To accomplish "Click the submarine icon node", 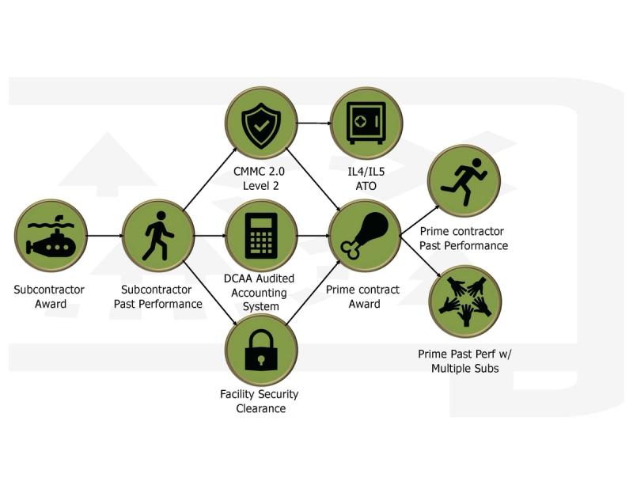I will click(50, 235).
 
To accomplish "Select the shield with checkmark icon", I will click(261, 123).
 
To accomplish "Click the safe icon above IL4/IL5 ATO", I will click(366, 123).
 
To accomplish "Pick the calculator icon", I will click(261, 235).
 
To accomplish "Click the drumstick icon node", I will click(364, 235).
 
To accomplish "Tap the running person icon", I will click(463, 180).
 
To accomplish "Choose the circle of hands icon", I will click(465, 301).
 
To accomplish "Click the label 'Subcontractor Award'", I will click(49, 297).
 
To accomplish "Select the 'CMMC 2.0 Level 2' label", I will click(261, 179).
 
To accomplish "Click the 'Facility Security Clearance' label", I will click(260, 401).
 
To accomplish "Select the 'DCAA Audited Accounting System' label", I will click(261, 292).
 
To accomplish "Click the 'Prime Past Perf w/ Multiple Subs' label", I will click(465, 361).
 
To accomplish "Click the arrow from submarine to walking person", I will click(104, 235).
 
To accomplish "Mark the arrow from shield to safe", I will click(313, 123).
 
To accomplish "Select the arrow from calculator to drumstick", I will click(313, 235).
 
